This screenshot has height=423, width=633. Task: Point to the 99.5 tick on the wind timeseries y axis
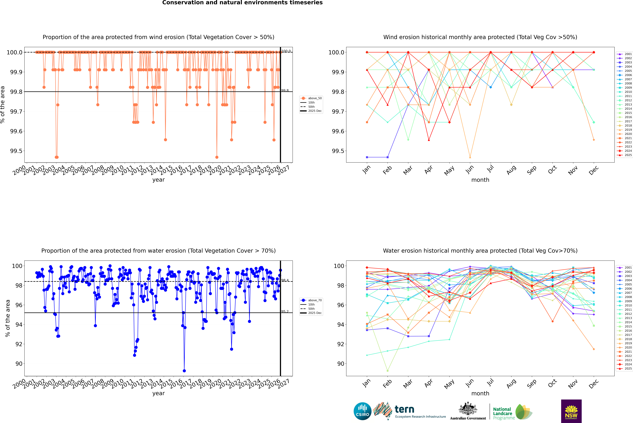tap(16, 151)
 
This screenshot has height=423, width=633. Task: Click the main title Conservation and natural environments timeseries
tap(242, 3)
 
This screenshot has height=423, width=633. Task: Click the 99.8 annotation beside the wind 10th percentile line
tap(285, 91)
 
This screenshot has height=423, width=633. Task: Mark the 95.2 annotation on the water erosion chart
tap(285, 312)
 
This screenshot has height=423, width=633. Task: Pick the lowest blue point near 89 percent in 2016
tap(184, 371)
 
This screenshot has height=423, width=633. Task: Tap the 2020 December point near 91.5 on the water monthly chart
tap(594, 349)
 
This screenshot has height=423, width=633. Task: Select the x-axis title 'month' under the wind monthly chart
tap(480, 180)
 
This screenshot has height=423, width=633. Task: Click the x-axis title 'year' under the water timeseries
tap(158, 393)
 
